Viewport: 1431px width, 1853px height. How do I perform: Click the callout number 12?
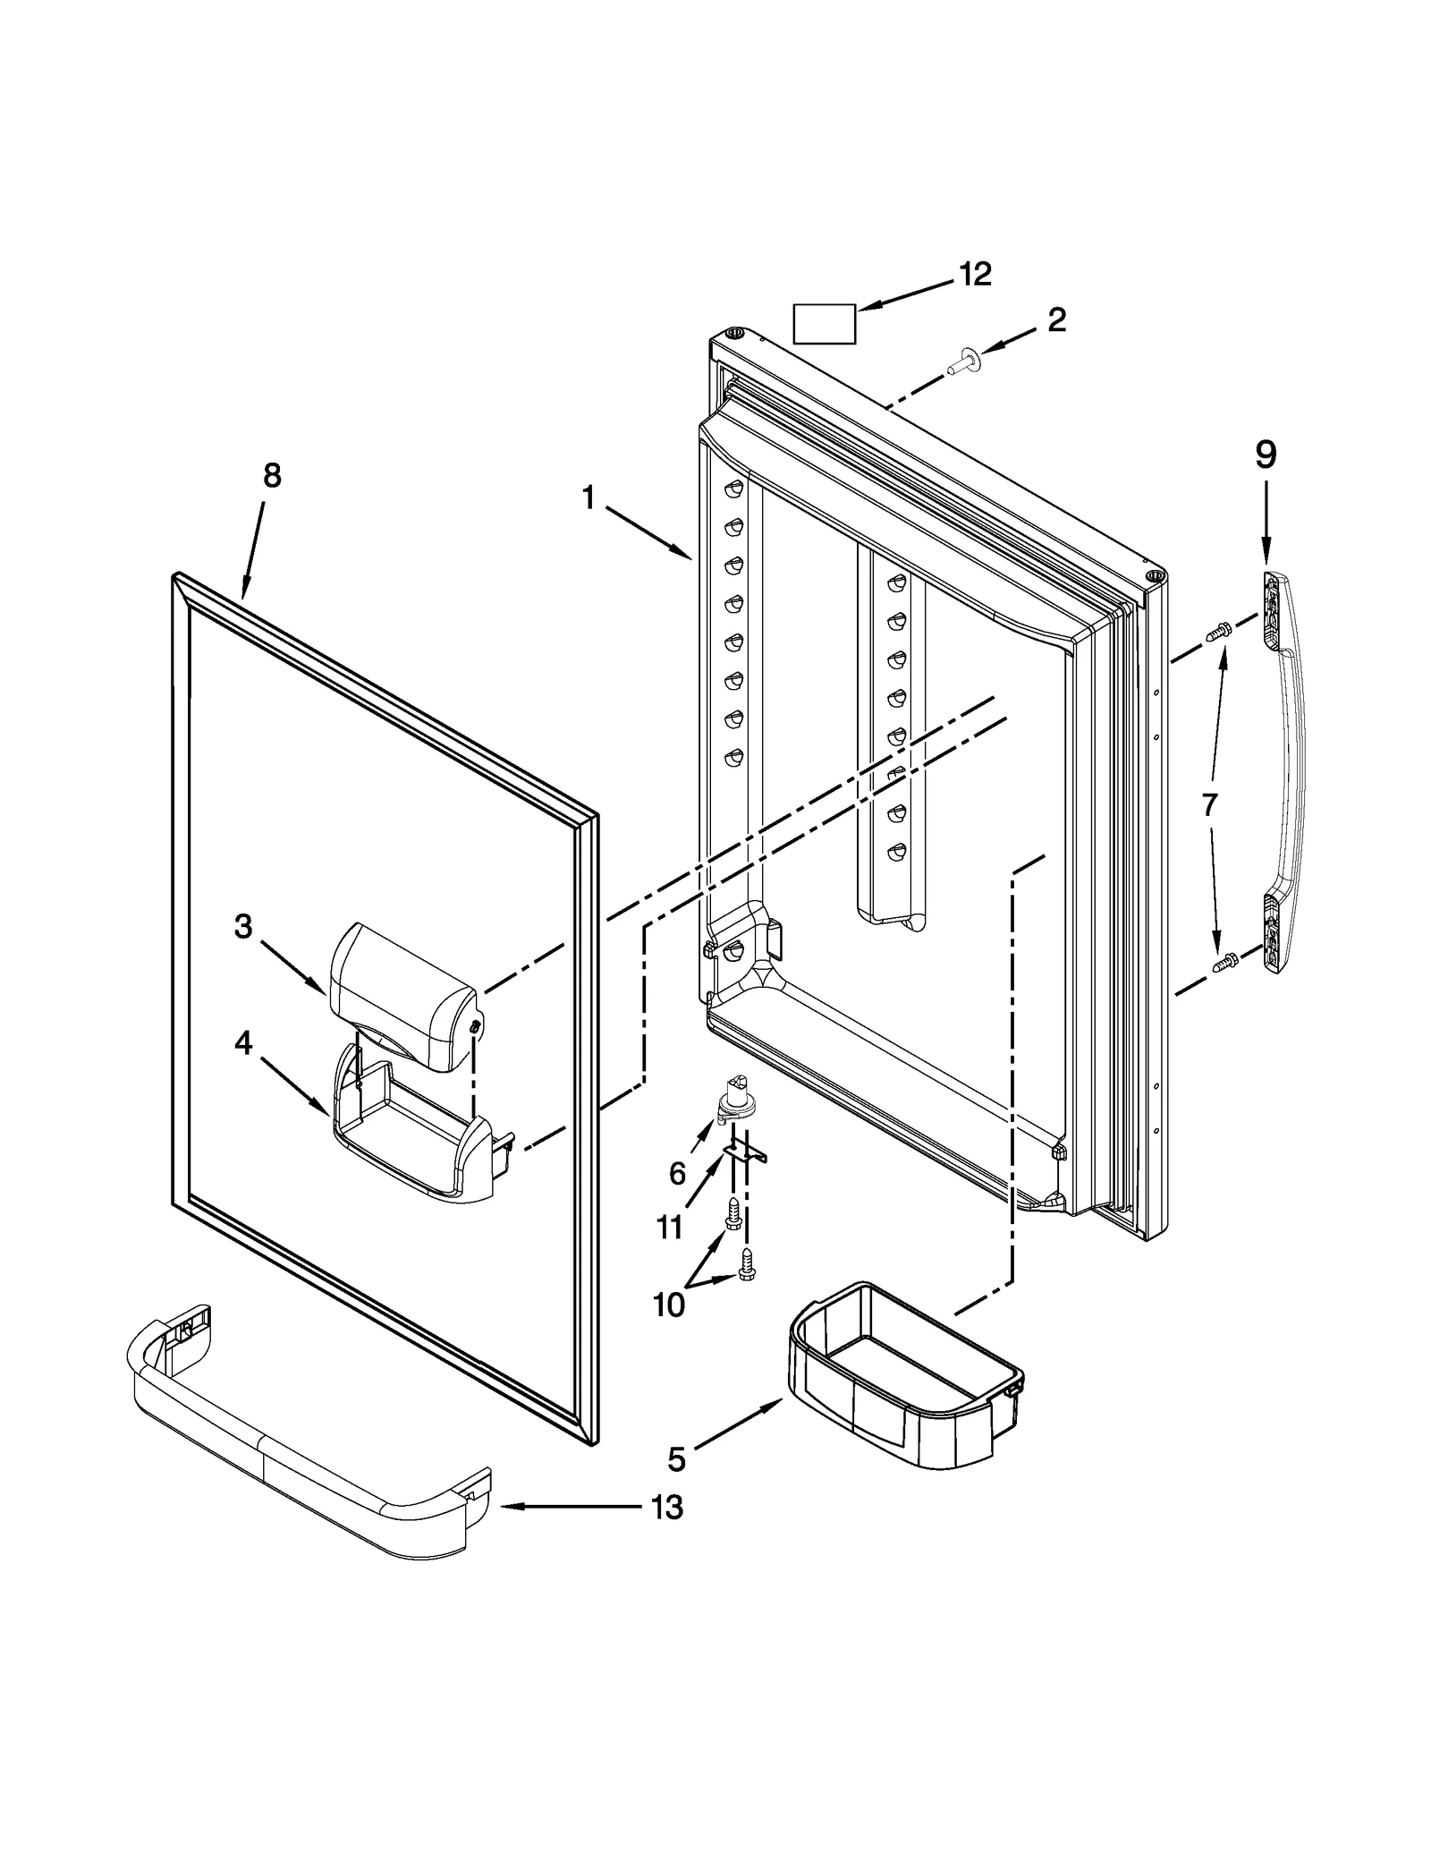[x=975, y=275]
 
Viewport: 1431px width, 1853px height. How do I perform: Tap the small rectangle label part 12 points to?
[x=824, y=323]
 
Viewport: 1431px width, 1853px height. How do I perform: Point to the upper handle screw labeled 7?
[x=1216, y=633]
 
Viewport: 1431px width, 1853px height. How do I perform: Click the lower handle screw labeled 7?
[x=1224, y=964]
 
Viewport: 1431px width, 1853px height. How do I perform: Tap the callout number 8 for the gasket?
[x=272, y=476]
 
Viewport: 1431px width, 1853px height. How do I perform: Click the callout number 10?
[x=668, y=1305]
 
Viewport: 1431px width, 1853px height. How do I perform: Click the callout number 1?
[x=588, y=497]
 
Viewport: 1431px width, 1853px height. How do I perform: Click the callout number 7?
[x=1209, y=805]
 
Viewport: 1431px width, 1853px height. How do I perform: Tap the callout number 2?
[x=1056, y=320]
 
